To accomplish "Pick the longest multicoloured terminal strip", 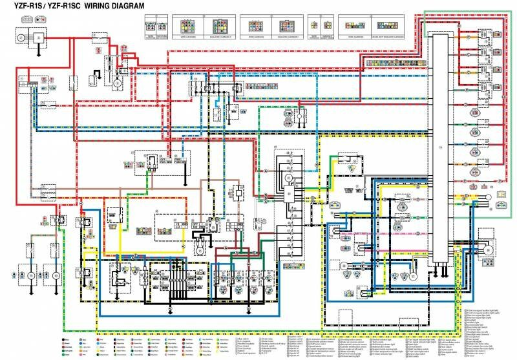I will click(395, 63).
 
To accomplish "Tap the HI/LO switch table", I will click(169, 222).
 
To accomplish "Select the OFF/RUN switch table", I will click(202, 222).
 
